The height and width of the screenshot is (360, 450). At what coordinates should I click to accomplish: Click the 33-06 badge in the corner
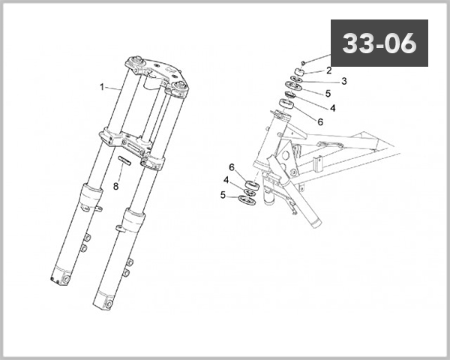[x=379, y=43]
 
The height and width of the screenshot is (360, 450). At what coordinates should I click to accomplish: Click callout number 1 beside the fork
[x=102, y=86]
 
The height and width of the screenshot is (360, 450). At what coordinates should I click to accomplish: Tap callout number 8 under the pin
[x=116, y=185]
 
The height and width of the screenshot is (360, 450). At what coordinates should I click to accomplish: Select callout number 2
[x=328, y=70]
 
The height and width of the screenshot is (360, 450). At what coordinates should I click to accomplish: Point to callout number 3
[x=343, y=81]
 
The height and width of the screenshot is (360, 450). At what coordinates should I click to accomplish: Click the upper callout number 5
[x=328, y=94]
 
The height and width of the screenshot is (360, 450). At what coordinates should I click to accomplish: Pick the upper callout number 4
[x=332, y=107]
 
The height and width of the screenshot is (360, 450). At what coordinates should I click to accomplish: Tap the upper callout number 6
[x=320, y=121]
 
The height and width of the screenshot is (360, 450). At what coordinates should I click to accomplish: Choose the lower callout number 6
[x=232, y=166]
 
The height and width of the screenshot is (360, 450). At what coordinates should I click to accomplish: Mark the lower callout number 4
[x=226, y=180]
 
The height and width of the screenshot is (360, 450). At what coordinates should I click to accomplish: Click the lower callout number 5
[x=223, y=194]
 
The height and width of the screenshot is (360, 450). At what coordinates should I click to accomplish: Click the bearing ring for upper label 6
[x=286, y=103]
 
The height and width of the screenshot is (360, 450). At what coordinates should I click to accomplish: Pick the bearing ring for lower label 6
[x=253, y=184]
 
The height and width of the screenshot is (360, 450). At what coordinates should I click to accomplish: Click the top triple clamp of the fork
[x=155, y=73]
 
